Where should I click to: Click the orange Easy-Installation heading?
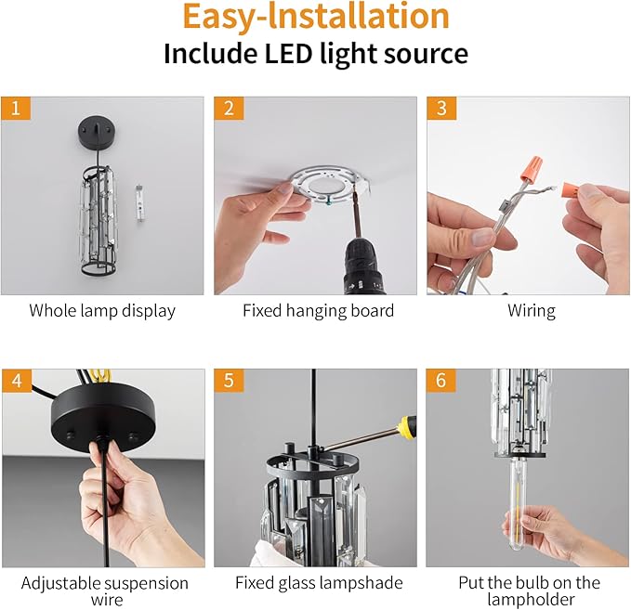[316, 17]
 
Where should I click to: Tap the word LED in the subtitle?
[288, 53]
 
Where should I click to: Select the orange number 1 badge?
[16, 109]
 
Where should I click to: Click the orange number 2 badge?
[229, 109]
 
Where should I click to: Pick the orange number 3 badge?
[441, 109]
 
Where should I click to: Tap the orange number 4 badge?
[17, 381]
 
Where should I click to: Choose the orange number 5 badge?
[229, 381]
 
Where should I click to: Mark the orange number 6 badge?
[441, 381]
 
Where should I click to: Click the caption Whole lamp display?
[102, 311]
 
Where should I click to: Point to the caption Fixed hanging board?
[318, 311]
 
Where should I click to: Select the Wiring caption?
[532, 311]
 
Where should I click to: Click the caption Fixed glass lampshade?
[319, 583]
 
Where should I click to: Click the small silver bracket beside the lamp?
[139, 203]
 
